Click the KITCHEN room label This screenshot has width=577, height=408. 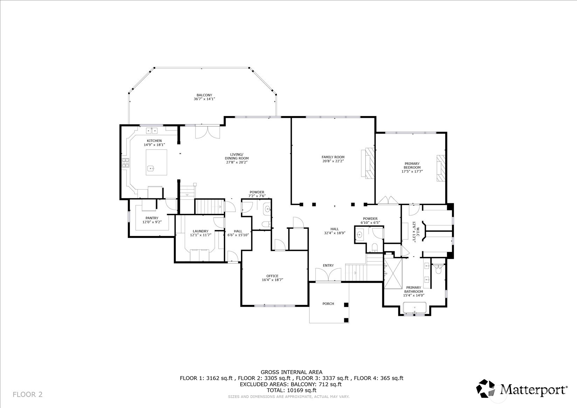point(154,141)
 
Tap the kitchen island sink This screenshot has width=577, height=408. point(151,168)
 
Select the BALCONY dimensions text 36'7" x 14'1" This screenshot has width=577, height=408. point(204,99)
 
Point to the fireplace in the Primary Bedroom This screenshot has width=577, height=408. point(440,168)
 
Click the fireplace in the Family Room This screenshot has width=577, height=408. point(369,163)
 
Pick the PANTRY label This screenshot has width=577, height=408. point(152,218)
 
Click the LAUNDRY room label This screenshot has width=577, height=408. point(200,231)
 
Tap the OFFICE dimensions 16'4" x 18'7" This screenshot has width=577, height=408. point(272,280)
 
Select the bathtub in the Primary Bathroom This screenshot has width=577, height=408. point(414,308)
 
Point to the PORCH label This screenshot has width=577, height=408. point(328,304)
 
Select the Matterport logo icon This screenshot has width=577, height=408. point(485,388)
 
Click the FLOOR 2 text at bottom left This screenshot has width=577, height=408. point(27,395)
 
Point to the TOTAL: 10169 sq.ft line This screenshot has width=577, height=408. point(291,390)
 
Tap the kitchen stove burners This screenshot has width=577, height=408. point(126,163)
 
